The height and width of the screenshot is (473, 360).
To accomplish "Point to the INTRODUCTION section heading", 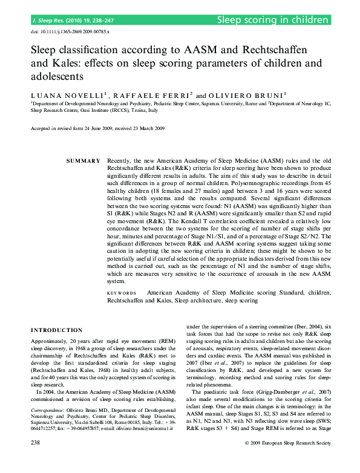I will pyautogui.click(x=57, y=330).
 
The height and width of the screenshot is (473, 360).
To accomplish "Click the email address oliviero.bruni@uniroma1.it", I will pyautogui.click(x=143, y=428).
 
